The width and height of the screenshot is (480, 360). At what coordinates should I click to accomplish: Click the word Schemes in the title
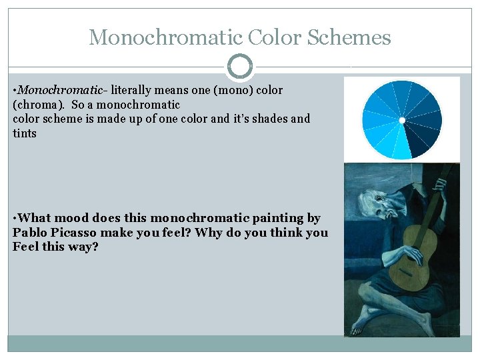pos(349,37)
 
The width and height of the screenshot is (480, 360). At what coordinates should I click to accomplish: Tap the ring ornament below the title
pos(240,67)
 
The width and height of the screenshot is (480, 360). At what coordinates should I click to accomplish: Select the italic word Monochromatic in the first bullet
pos(60,90)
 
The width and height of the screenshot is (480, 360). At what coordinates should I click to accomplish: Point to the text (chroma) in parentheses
pos(39,105)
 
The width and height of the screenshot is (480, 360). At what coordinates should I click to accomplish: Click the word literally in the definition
pos(131,90)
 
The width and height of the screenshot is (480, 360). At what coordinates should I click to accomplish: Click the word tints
pos(25,133)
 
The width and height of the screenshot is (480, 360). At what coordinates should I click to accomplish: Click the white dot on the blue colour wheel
pos(402,120)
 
